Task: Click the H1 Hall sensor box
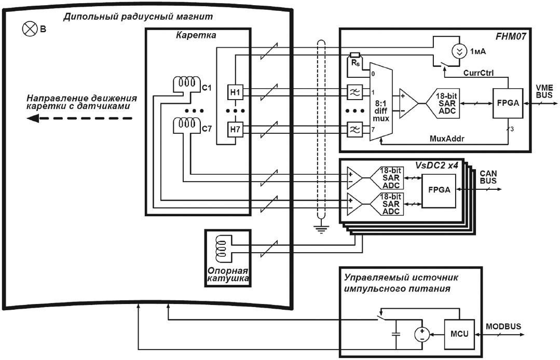coord(235,91)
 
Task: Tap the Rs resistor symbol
coord(355,55)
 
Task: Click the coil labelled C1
coord(186,83)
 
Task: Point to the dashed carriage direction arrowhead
coord(34,118)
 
